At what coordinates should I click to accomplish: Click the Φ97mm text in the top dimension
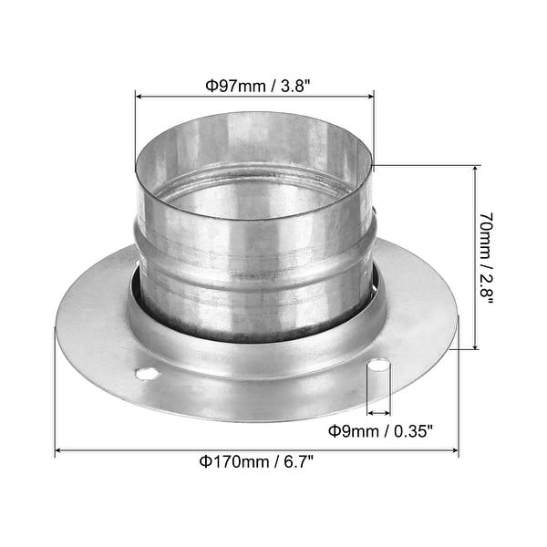click(x=227, y=87)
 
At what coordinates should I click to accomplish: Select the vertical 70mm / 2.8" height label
click(x=488, y=258)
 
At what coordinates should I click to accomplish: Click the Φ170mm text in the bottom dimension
click(x=224, y=461)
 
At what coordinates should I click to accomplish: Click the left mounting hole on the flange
click(x=146, y=374)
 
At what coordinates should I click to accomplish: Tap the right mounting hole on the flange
click(x=378, y=366)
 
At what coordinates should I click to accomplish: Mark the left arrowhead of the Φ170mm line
click(x=59, y=450)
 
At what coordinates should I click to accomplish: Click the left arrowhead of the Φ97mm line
click(x=139, y=94)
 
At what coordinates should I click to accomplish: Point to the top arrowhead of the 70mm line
click(x=475, y=170)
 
